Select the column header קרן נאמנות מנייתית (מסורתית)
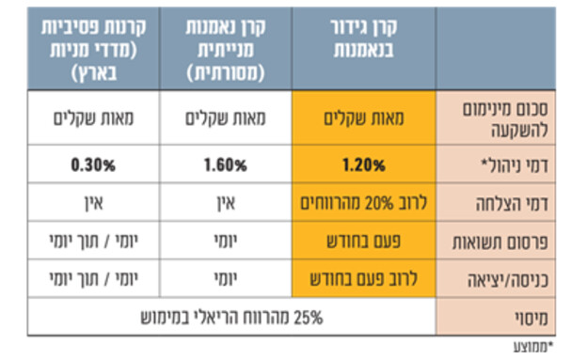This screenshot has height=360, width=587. click(224, 47)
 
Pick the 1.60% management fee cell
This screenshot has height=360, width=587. click(224, 164)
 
